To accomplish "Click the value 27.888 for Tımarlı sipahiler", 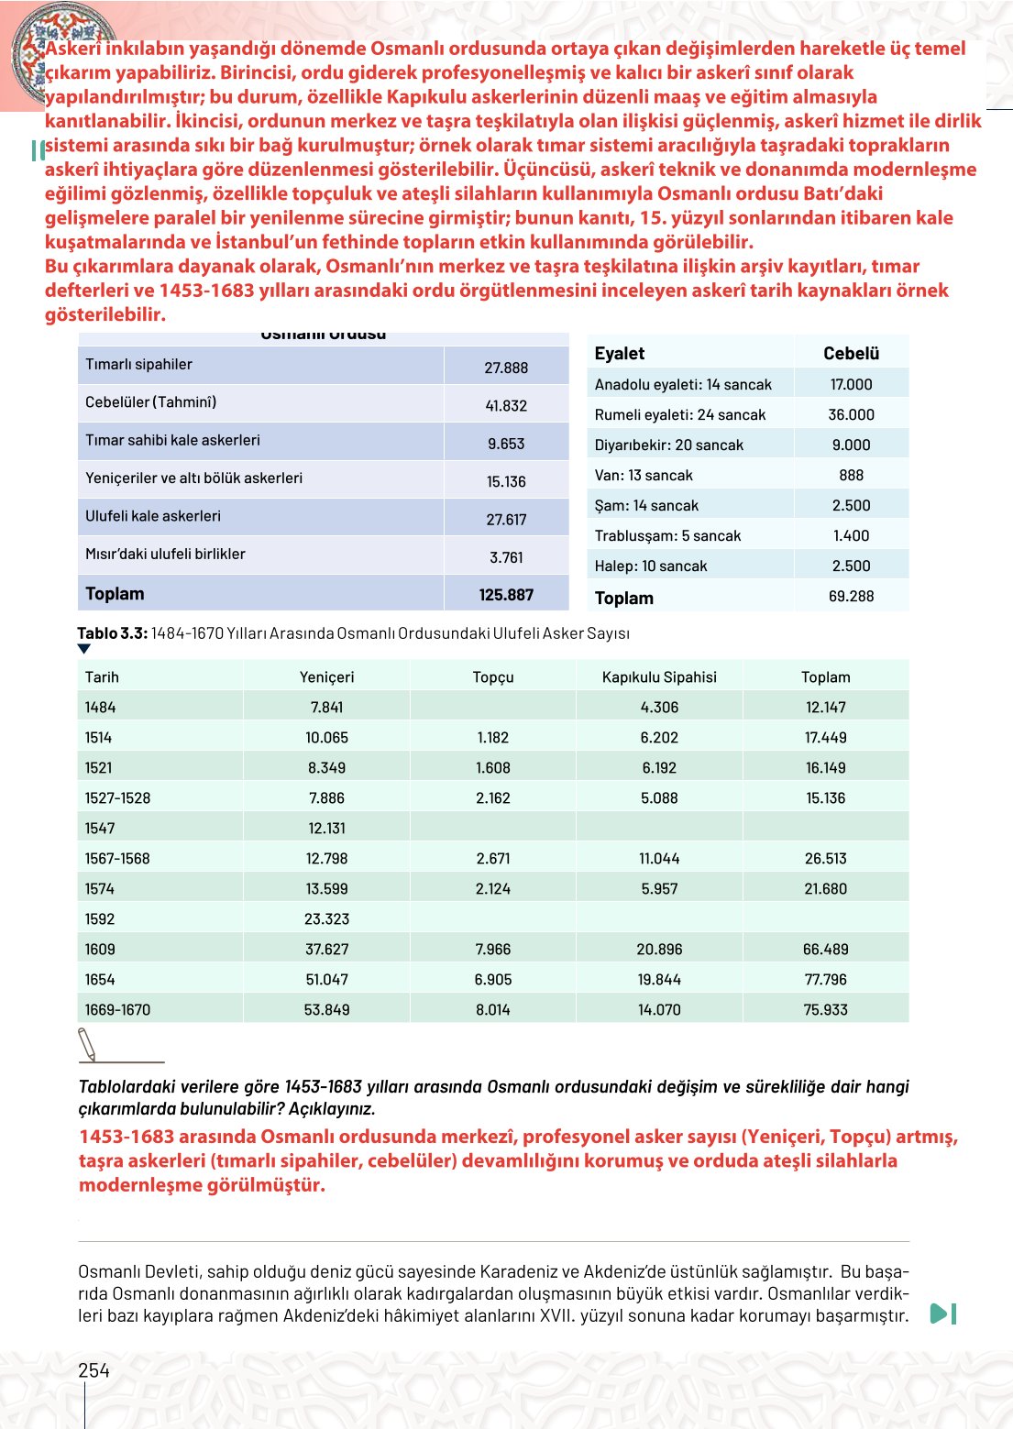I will (506, 368).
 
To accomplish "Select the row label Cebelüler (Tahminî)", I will (151, 401).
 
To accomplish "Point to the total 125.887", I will (506, 595).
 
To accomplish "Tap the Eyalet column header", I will (620, 354).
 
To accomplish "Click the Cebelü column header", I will (851, 354).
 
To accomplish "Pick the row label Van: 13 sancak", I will (644, 475).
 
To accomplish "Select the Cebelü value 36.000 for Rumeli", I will (851, 414).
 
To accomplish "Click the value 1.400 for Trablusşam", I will (851, 535).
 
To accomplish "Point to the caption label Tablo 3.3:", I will (112, 633).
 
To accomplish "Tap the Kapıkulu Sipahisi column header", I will (659, 677).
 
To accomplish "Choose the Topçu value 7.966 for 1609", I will (493, 950).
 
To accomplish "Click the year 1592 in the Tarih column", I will (100, 919).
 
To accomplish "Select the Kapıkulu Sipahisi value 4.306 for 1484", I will (659, 708).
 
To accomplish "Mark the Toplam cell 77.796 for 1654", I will (825, 980).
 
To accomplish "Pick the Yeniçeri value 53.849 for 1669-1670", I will (326, 1010).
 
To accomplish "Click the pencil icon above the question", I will (88, 1044).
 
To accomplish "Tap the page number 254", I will (94, 1370).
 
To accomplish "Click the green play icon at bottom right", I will (942, 1314).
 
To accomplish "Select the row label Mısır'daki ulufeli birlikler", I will (165, 554).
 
